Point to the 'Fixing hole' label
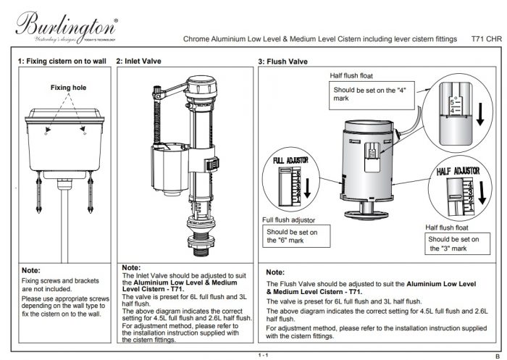(x=68, y=88)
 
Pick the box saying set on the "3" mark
(x=454, y=243)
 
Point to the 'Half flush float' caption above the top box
(x=353, y=75)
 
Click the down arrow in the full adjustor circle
(x=308, y=187)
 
